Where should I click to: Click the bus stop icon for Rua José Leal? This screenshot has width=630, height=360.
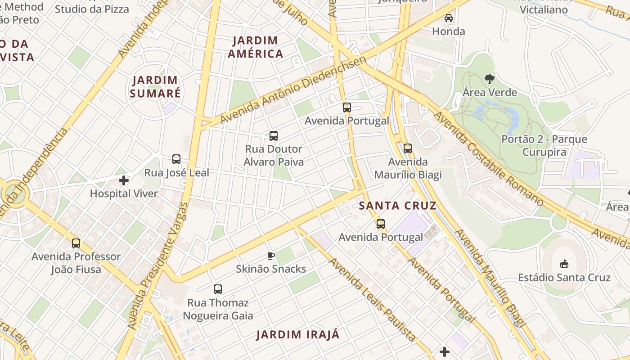176,159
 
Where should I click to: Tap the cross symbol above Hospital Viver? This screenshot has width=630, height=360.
124,181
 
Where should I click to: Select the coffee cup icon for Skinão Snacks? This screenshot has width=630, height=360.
271,256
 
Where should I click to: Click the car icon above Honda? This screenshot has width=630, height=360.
449,18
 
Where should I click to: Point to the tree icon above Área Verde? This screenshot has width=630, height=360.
490,79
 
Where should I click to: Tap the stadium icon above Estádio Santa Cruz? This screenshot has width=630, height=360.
564,264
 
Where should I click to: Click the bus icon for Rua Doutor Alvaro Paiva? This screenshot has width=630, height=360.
273,135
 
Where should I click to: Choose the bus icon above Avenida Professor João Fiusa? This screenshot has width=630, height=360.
76,243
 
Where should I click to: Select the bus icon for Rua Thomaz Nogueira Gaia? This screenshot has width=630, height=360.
218,289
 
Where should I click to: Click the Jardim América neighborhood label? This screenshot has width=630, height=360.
256,47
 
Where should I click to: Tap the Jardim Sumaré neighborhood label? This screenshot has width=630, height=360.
155,87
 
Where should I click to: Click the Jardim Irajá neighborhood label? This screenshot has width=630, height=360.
298,335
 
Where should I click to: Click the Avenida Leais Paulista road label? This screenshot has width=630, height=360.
373,299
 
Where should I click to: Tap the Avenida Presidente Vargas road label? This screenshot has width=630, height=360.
157,265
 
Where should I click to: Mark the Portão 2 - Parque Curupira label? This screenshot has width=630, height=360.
544,145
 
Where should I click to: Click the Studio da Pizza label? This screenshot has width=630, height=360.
92,9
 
